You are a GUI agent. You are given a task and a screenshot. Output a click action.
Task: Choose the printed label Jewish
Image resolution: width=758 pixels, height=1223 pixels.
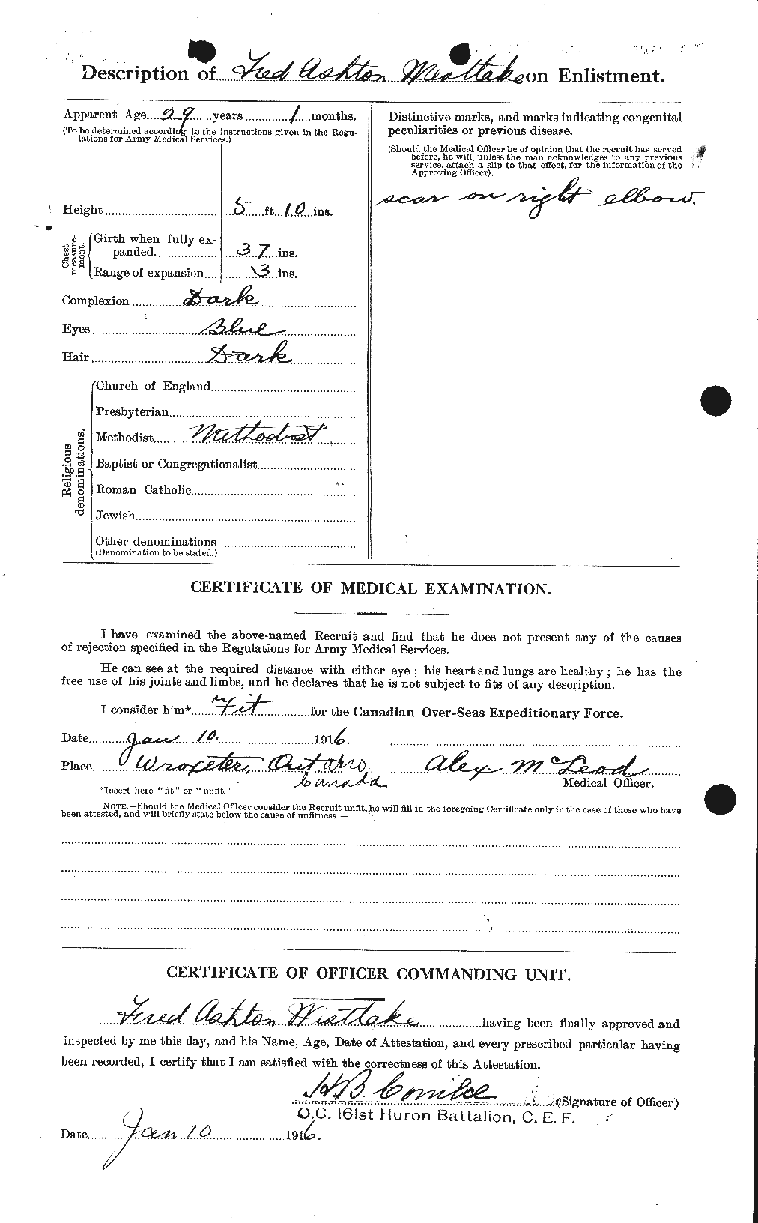coord(115,516)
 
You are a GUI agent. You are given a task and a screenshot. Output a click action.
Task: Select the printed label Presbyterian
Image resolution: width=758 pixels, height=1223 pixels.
coord(133,411)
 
